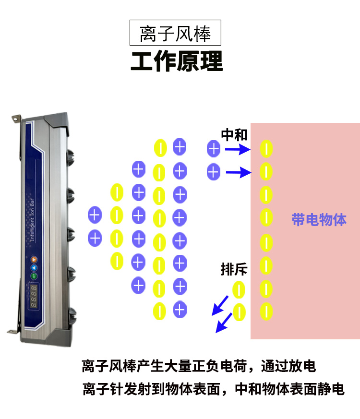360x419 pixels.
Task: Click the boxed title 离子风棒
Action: point(176,33)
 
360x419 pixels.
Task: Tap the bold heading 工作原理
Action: point(177,62)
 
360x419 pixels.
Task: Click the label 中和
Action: point(234,135)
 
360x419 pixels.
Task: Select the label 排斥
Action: point(234,270)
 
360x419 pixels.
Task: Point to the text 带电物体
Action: point(319,220)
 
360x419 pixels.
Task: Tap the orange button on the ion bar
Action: point(34,259)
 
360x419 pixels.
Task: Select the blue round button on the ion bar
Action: point(34,267)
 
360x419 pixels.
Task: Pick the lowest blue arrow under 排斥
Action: point(222,325)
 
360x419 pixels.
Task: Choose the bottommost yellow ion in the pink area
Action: point(265,311)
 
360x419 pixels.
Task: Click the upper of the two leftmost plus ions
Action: point(95,215)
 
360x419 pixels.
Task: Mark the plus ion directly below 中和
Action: point(213,149)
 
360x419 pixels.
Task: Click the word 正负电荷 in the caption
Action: point(217,366)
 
